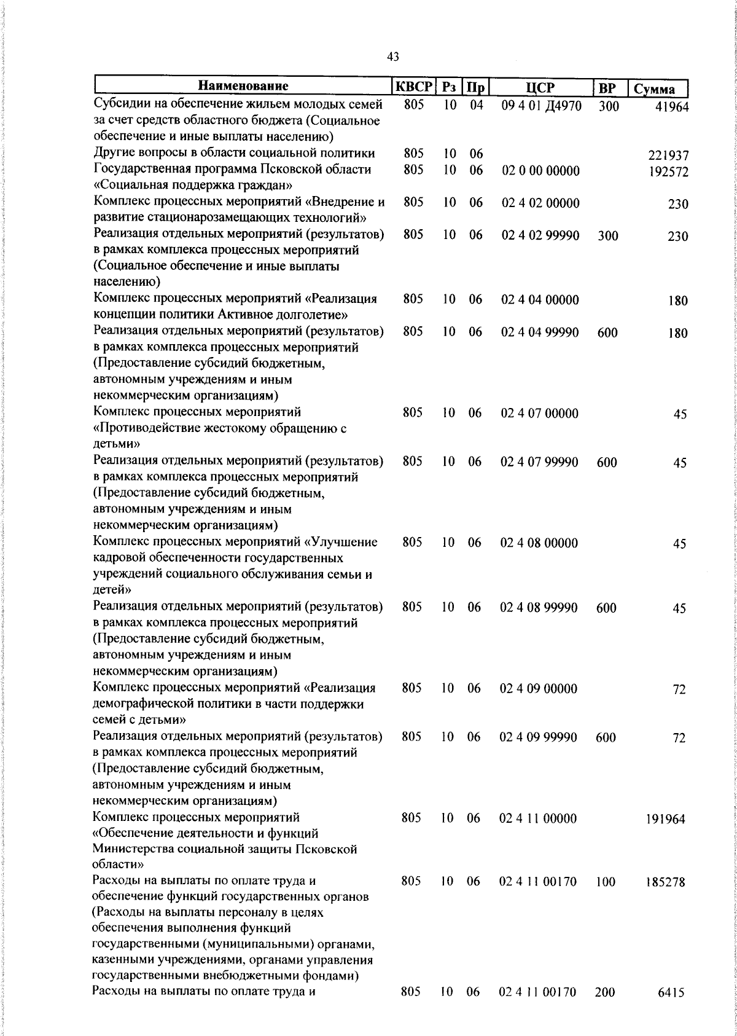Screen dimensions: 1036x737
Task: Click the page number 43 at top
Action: (x=393, y=57)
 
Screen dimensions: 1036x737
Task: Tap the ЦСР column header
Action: (x=540, y=87)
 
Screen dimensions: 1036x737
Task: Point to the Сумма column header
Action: (x=655, y=89)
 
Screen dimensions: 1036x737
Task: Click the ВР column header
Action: (x=607, y=87)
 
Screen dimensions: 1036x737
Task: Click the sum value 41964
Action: (x=672, y=106)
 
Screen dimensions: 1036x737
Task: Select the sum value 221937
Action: (x=668, y=156)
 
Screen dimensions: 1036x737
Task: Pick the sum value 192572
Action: (x=668, y=172)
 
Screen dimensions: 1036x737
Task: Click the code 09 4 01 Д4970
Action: (x=541, y=106)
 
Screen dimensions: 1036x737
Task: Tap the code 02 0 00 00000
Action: (x=540, y=171)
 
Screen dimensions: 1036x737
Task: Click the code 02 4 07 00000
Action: (x=539, y=414)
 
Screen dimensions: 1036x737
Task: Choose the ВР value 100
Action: (x=606, y=882)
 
